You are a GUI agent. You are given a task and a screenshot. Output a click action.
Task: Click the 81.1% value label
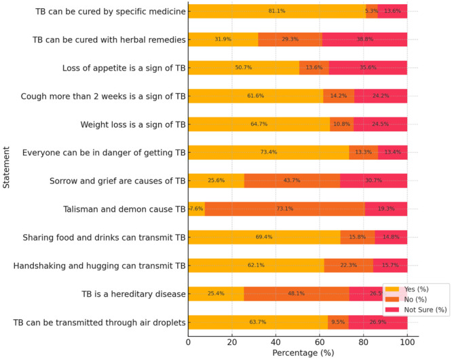click(x=276, y=12)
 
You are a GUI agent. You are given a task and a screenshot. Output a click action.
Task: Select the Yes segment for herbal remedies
click(x=223, y=39)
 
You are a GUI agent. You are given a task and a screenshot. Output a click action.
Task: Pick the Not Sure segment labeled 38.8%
click(x=364, y=39)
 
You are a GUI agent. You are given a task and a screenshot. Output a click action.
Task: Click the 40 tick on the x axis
click(x=276, y=342)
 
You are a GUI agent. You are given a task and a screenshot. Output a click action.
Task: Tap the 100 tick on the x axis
click(x=407, y=342)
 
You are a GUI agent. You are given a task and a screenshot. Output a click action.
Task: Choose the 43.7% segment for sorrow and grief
click(x=292, y=181)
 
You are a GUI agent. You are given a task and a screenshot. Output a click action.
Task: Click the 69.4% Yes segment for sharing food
click(x=264, y=237)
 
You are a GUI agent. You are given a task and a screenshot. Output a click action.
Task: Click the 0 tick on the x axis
click(x=188, y=342)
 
